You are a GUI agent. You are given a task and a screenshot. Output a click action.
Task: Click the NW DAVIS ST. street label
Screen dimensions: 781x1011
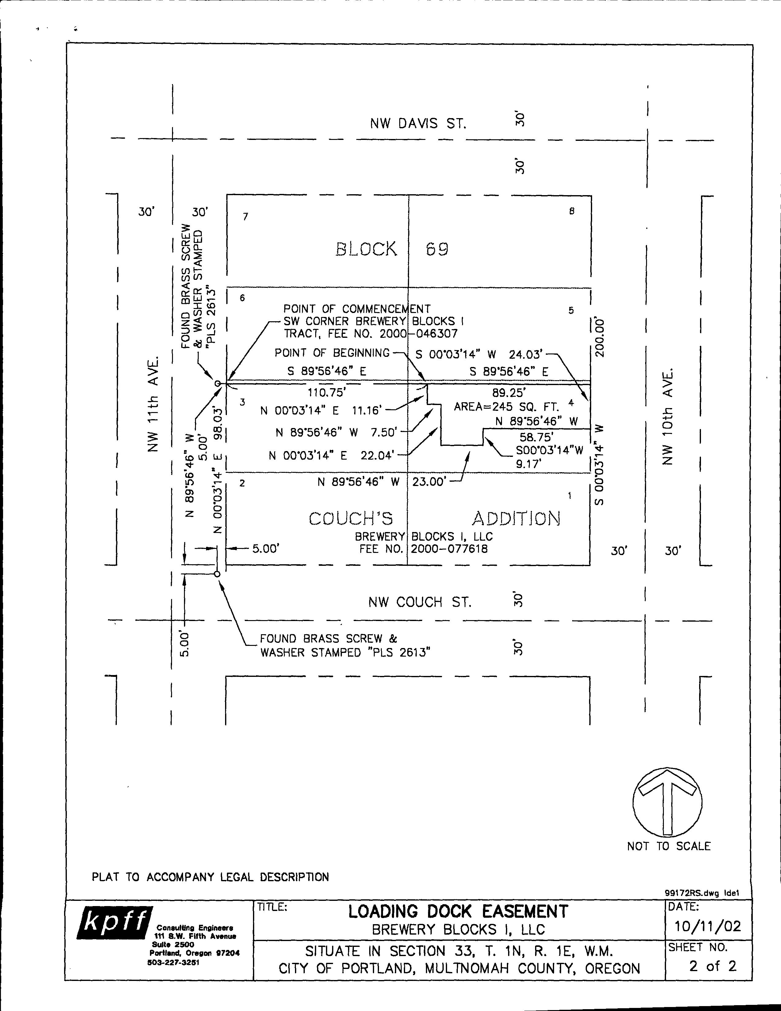(x=418, y=124)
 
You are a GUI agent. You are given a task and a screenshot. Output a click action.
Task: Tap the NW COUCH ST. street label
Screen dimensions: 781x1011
(x=420, y=602)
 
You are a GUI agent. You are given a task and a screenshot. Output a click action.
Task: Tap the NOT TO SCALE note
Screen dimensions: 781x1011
(x=668, y=846)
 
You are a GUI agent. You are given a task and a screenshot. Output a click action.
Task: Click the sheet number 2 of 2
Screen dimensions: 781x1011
(x=712, y=966)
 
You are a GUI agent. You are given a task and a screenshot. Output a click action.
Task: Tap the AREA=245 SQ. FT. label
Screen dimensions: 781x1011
(x=506, y=407)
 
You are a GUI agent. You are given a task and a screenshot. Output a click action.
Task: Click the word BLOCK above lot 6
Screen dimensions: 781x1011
(x=366, y=249)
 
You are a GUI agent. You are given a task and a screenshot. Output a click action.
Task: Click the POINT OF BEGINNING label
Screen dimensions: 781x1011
(x=332, y=353)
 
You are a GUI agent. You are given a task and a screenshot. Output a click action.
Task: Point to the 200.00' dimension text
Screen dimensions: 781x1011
(x=600, y=337)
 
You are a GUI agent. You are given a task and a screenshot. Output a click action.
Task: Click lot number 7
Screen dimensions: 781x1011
(x=246, y=216)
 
